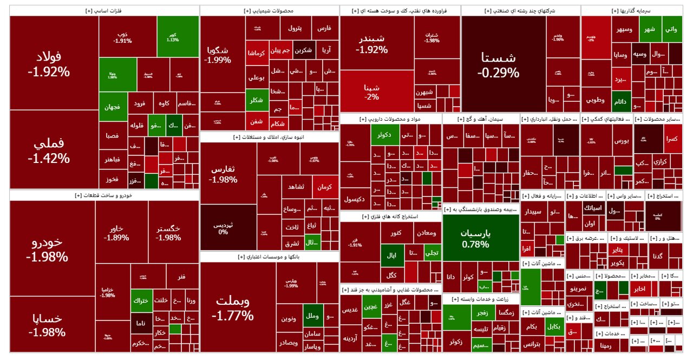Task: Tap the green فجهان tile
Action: [113, 107]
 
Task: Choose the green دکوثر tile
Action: [385, 135]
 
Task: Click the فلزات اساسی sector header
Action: [104, 11]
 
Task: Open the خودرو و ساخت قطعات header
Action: [104, 195]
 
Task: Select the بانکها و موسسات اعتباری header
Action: [269, 257]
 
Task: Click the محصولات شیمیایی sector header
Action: [269, 11]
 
